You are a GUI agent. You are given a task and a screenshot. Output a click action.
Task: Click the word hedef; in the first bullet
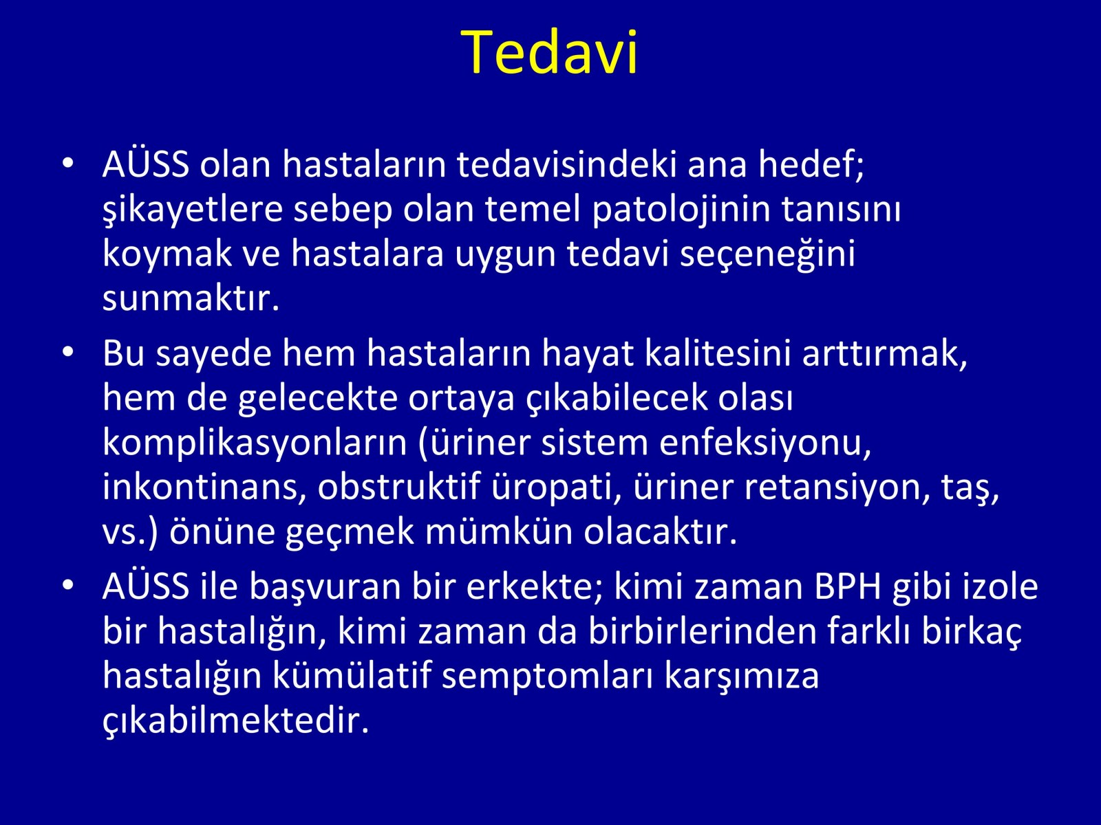[x=811, y=164]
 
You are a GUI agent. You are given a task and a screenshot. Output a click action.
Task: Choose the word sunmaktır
[x=191, y=298]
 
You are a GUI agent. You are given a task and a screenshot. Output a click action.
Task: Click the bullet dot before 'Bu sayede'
[x=68, y=351]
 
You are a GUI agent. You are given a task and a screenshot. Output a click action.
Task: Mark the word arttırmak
[x=885, y=355]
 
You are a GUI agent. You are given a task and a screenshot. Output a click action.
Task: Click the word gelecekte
[x=317, y=399]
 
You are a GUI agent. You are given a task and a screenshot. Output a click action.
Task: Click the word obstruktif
[x=399, y=487]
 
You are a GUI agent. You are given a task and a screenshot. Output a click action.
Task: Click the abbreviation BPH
[x=848, y=587]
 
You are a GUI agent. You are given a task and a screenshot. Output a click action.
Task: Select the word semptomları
[x=548, y=677]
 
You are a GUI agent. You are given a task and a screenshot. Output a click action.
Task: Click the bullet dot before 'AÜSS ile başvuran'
[x=68, y=585]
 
